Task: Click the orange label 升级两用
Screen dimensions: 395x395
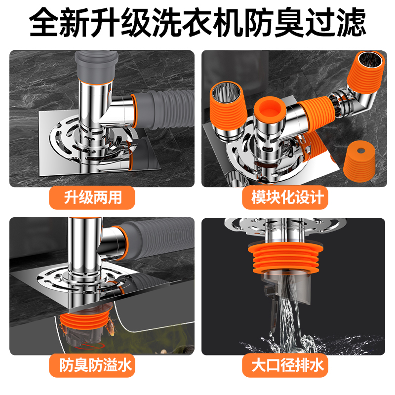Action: [x=92, y=198]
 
